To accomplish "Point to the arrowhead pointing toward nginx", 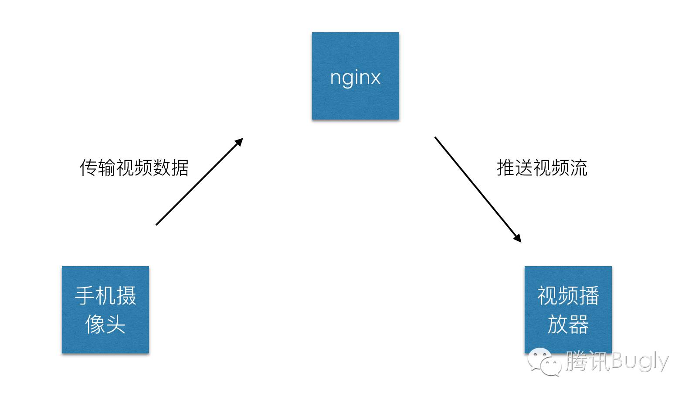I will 239,142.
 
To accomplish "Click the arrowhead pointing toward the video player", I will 517,238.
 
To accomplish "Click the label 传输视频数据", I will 134,168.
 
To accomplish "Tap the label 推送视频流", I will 542,168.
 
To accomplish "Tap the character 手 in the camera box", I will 85,296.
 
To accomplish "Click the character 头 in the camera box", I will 116,325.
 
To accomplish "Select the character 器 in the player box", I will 578,325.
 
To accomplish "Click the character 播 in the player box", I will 589,296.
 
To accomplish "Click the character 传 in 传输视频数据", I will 88,168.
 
